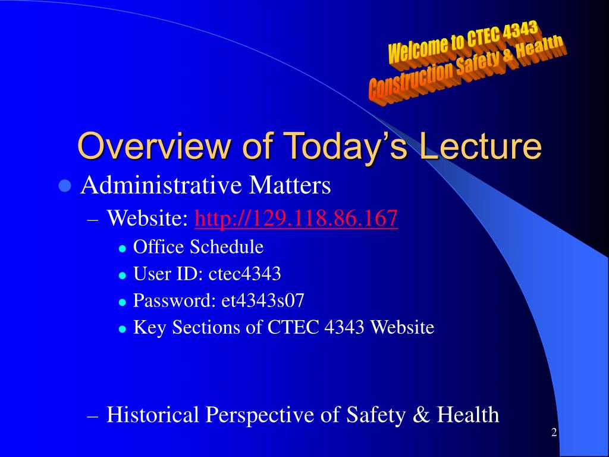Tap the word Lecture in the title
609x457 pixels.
coord(481,146)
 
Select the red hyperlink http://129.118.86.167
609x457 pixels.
coord(296,218)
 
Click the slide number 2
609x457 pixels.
coord(554,433)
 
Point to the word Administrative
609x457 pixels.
coord(162,185)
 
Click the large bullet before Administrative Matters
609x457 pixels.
coord(65,186)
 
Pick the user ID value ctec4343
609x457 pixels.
coord(244,274)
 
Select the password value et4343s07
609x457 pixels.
coord(262,301)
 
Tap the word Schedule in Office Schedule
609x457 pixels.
coord(227,247)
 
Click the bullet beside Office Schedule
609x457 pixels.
coord(123,249)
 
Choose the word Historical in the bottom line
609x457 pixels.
coord(152,414)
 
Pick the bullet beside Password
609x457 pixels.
coord(123,302)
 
